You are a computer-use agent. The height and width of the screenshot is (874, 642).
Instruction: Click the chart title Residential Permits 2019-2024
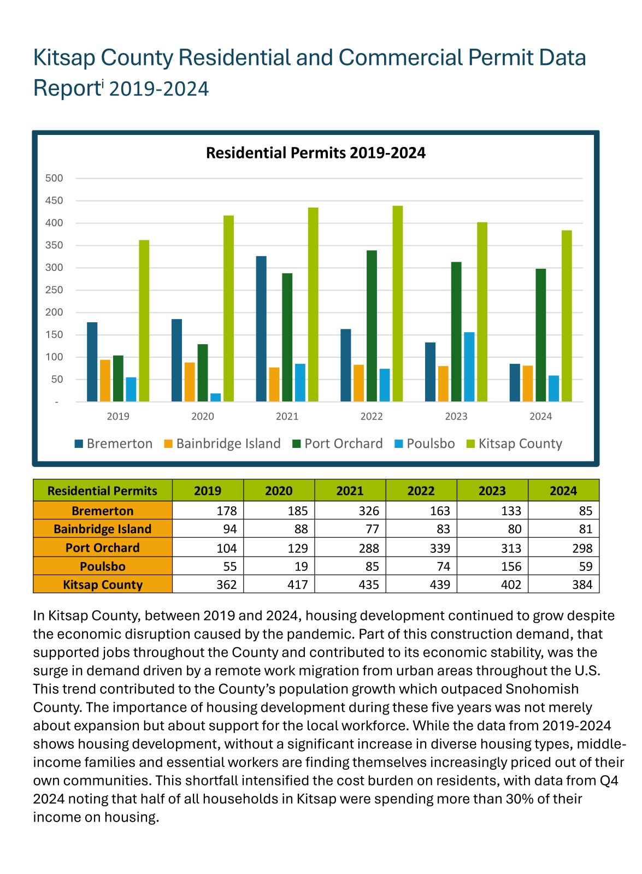(315, 153)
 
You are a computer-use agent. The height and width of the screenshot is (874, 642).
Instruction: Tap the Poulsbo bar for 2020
(216, 398)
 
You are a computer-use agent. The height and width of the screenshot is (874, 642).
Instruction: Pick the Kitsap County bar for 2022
(397, 304)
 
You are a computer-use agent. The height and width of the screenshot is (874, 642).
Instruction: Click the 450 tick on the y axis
(54, 200)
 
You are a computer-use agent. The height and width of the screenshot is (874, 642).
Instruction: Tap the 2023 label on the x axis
(456, 416)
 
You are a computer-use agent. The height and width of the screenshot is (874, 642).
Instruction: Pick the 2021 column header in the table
(350, 491)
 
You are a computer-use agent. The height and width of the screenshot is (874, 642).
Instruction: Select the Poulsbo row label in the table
(103, 566)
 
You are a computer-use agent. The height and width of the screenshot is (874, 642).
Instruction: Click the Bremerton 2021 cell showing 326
(369, 511)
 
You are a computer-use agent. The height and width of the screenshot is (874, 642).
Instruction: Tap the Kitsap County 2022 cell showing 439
(440, 584)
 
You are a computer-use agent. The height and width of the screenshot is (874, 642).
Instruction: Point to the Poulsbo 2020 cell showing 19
(301, 566)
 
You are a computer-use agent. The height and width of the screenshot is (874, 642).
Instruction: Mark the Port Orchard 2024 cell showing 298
(582, 548)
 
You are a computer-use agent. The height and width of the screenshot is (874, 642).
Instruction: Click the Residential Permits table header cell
(102, 491)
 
